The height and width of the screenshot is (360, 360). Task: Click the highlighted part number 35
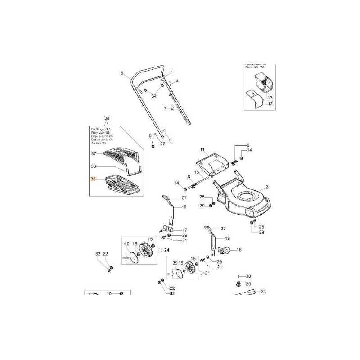93,179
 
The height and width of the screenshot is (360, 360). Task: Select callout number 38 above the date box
107,119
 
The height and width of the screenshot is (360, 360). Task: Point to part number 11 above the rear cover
202,149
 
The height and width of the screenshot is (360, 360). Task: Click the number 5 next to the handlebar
121,73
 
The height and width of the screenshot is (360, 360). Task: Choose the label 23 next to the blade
263,292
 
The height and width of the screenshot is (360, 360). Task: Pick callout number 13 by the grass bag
270,98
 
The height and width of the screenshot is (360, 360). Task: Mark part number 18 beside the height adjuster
239,249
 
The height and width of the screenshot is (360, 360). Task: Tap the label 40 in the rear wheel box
126,244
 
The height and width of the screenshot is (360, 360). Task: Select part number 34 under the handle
153,96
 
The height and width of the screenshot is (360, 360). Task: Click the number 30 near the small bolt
248,276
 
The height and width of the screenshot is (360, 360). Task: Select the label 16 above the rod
196,172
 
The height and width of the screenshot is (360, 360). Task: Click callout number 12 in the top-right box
270,104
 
